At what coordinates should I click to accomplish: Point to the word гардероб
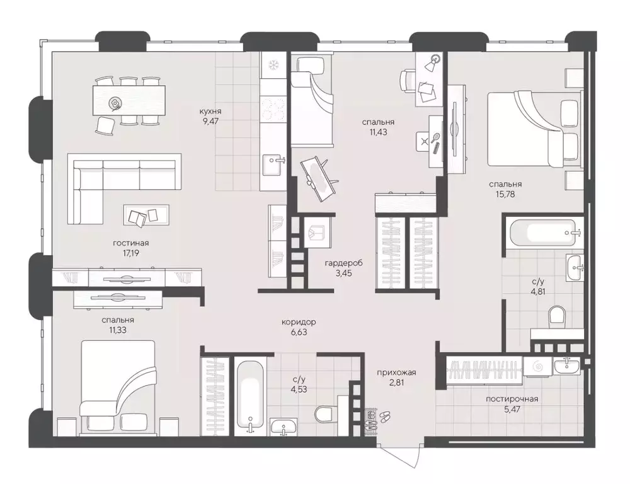(x=343, y=263)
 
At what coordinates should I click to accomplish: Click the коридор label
(x=299, y=322)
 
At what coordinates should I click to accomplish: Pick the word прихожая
(x=397, y=372)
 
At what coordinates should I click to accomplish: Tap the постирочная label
(x=512, y=399)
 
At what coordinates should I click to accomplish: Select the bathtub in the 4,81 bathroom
(x=542, y=233)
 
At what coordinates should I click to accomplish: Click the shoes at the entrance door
(x=384, y=416)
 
